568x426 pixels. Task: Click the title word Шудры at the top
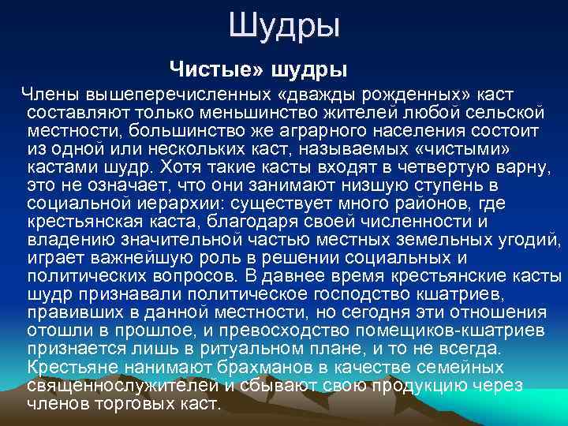click(x=285, y=26)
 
